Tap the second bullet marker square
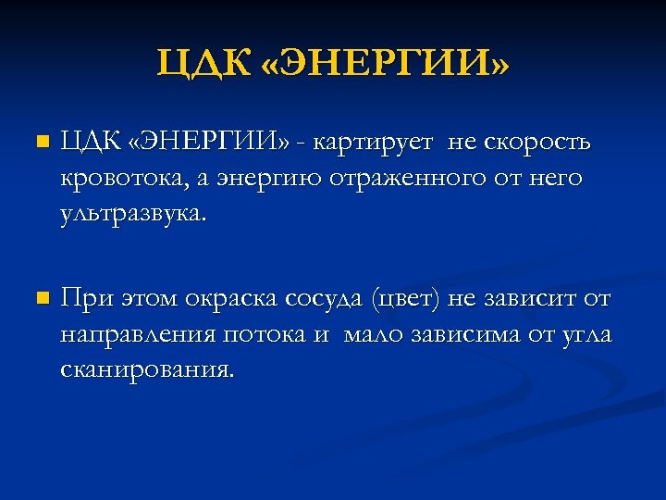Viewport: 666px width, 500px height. (38, 299)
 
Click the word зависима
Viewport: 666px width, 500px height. (464, 334)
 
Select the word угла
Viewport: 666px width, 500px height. (584, 334)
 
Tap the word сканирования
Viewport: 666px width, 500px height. (146, 369)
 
